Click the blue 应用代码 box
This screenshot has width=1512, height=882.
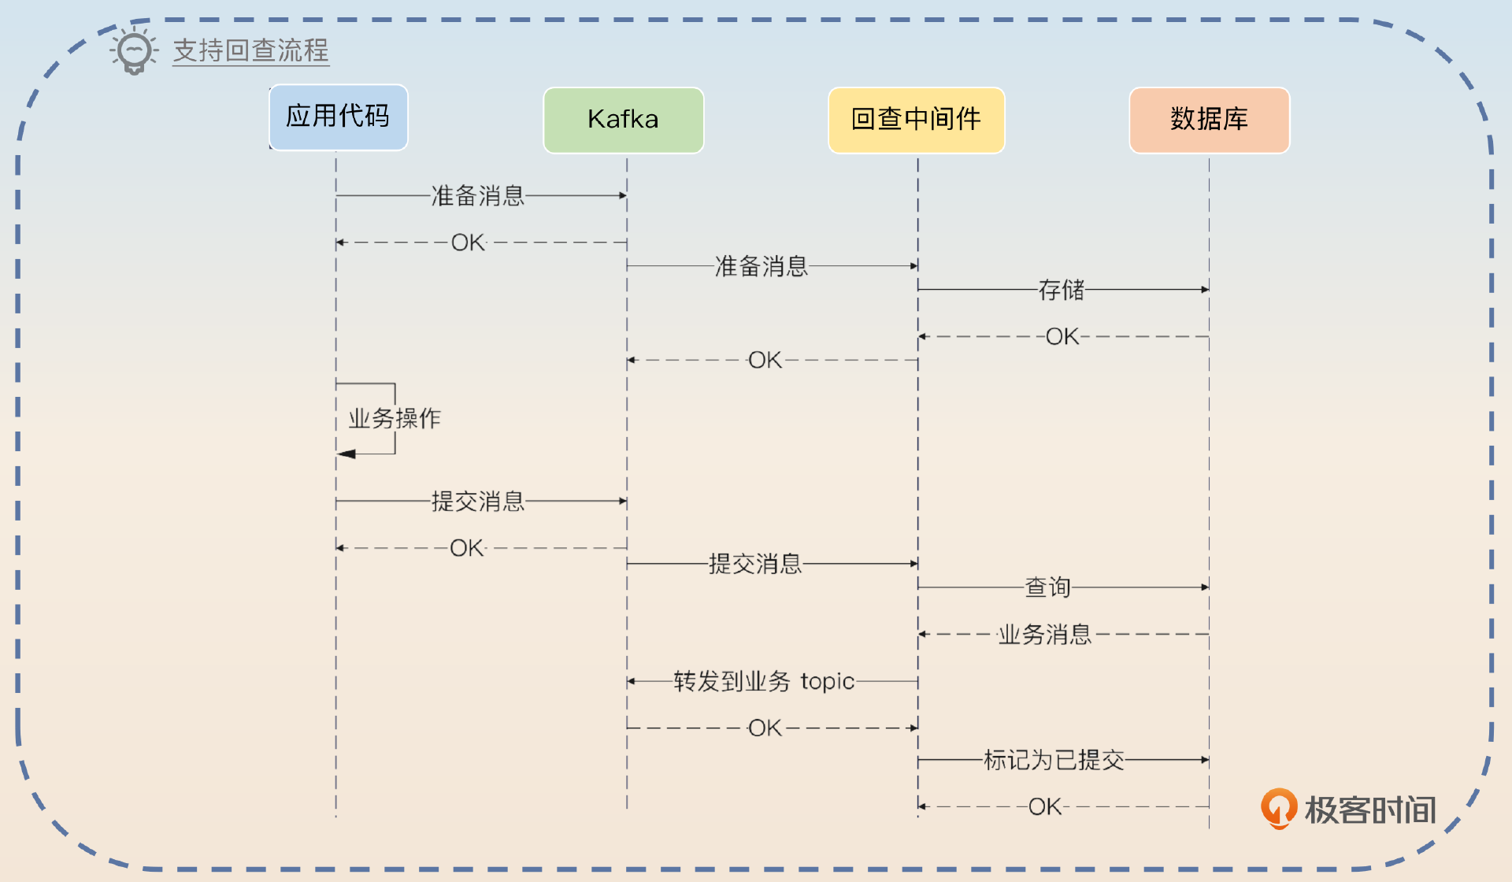(338, 117)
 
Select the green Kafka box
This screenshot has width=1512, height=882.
(623, 120)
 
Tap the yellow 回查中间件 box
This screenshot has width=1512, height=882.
(916, 120)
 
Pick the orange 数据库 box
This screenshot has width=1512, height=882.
(1209, 120)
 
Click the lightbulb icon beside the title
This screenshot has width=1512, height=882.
(134, 51)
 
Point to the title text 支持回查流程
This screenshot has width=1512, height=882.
(250, 50)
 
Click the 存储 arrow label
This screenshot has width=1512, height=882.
(1061, 290)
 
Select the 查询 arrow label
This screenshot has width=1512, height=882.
(1047, 587)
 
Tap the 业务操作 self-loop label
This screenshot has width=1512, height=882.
(395, 418)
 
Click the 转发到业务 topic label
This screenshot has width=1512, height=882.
(764, 681)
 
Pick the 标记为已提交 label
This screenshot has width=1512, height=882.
(1054, 760)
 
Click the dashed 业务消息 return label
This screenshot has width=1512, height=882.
(1045, 634)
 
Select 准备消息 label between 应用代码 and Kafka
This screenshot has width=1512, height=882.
(478, 195)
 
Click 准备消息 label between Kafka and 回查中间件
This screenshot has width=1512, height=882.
(762, 266)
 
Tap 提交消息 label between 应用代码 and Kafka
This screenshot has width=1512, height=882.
(478, 501)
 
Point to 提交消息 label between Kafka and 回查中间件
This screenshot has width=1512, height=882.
(755, 564)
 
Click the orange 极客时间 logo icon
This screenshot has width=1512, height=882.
(1279, 808)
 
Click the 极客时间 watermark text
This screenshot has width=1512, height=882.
(1370, 810)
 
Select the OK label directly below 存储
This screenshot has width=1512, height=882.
(1062, 336)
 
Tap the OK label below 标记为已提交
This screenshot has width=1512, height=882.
(1045, 806)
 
